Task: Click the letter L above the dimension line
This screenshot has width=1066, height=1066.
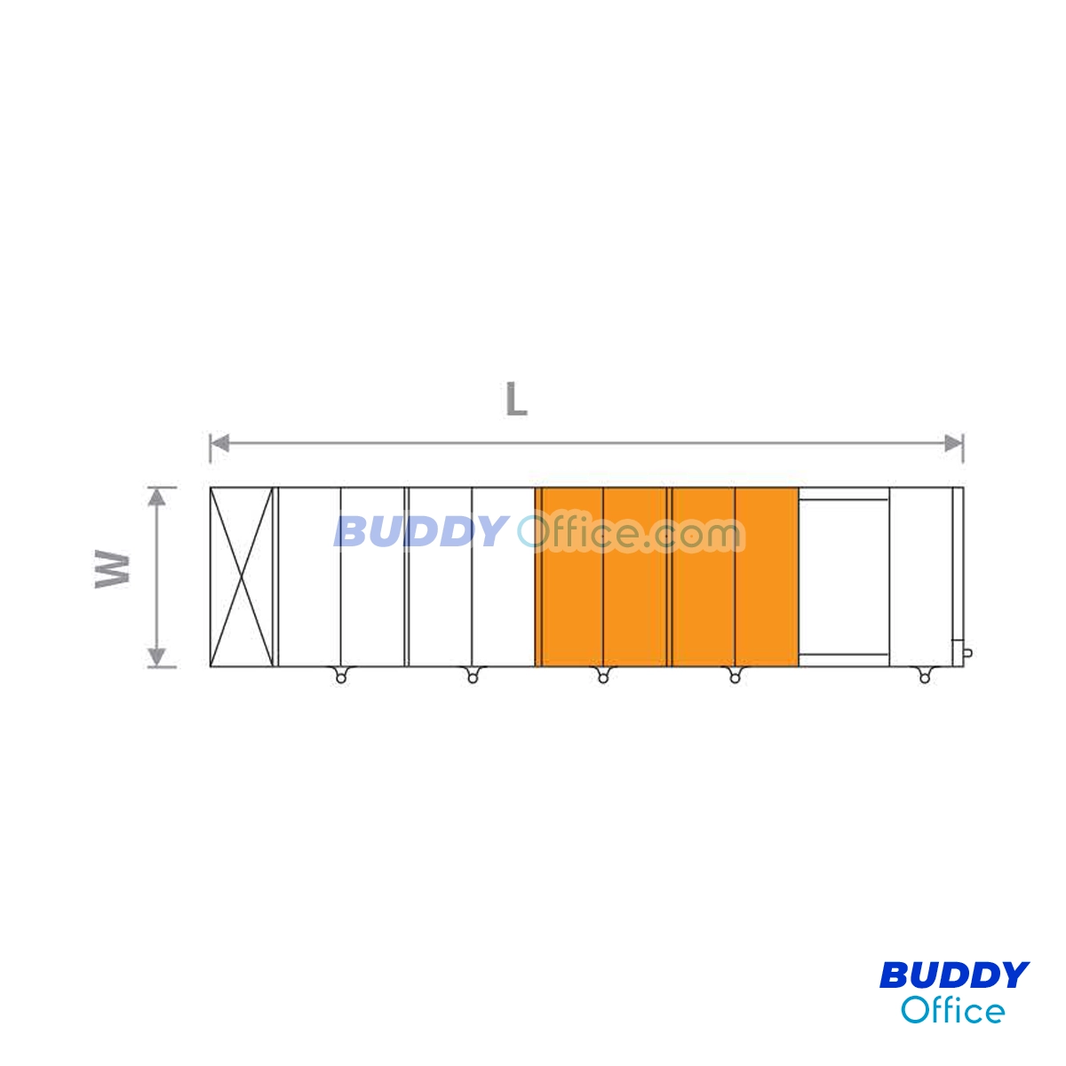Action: click(x=516, y=400)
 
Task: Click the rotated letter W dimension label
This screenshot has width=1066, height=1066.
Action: click(x=112, y=569)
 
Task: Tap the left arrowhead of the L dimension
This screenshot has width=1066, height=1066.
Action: click(x=219, y=442)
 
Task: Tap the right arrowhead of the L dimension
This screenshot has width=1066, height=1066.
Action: click(x=953, y=442)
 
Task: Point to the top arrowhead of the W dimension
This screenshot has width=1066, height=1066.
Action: click(x=157, y=497)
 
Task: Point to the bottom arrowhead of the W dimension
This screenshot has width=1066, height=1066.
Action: click(x=157, y=657)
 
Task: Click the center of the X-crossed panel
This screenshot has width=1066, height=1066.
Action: click(x=242, y=577)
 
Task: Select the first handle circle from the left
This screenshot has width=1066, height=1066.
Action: click(x=341, y=679)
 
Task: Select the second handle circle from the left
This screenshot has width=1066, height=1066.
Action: click(x=473, y=679)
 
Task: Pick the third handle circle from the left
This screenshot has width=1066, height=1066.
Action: click(x=603, y=679)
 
